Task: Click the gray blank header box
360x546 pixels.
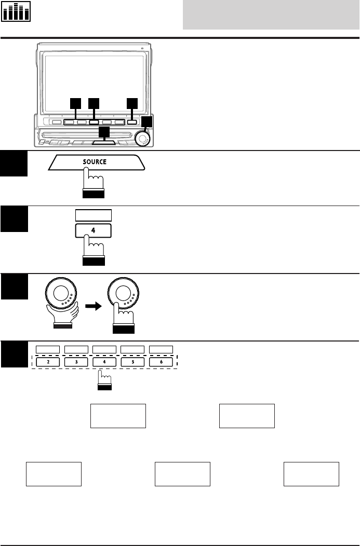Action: pos(270,15)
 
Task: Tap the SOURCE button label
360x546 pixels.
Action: pos(94,162)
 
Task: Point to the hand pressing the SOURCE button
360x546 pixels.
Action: pos(94,185)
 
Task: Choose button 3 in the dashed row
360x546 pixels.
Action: pos(76,362)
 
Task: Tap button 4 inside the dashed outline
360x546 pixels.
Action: pos(104,362)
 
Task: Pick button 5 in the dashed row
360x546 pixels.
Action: pos(133,362)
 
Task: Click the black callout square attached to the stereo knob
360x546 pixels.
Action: pos(148,122)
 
